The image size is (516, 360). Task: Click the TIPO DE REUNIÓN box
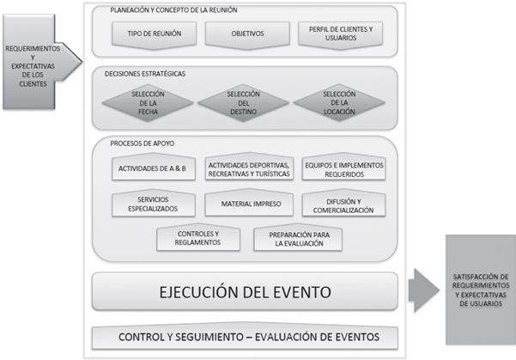(155, 34)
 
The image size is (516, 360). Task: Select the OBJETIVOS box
(247, 34)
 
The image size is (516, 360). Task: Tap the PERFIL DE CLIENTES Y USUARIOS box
(341, 34)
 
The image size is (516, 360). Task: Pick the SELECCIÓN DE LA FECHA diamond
(149, 103)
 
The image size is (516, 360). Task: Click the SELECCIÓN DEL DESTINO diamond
(244, 103)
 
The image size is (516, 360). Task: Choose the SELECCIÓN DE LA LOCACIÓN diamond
(339, 103)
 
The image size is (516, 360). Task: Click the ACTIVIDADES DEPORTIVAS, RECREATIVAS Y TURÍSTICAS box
(249, 168)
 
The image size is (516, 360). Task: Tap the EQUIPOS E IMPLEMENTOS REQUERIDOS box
(343, 168)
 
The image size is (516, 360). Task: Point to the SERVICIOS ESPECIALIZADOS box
(153, 204)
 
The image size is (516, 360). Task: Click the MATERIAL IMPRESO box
(249, 204)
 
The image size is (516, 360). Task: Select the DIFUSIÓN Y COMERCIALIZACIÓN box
(343, 204)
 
